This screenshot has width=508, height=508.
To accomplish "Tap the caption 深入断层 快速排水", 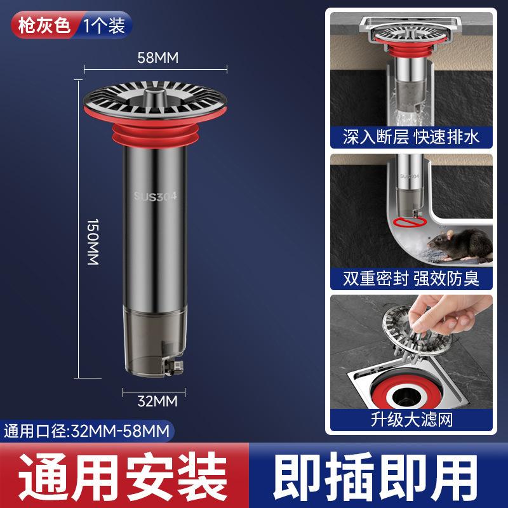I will coord(411,137).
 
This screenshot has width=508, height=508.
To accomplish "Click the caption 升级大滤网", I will coord(411,419).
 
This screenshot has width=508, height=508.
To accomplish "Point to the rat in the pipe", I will coord(457,244).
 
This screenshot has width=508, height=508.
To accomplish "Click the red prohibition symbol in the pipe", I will coord(404,222).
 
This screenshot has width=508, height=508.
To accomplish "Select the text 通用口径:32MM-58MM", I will coord(88,432).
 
